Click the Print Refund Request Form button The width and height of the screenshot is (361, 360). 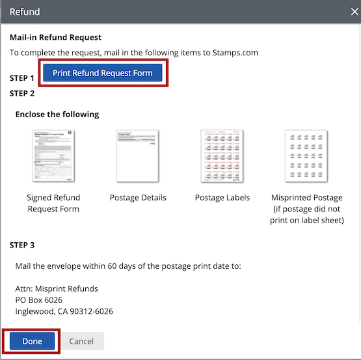tap(102, 73)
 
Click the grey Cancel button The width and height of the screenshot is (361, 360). tap(81, 341)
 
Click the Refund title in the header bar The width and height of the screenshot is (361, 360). tap(25, 12)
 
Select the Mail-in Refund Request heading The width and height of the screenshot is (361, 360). tap(55, 38)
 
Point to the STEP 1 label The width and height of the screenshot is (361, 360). tap(22, 78)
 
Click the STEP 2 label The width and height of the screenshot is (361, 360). tap(22, 93)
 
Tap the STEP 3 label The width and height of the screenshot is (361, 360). tap(22, 245)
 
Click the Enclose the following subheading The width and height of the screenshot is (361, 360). tap(57, 115)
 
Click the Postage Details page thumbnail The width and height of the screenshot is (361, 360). tap(137, 156)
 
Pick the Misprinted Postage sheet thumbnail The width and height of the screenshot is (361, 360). tap(306, 156)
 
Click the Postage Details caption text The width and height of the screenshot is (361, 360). tap(138, 198)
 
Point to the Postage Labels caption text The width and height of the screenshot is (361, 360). tap(222, 198)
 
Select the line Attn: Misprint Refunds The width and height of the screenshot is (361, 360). tap(56, 288)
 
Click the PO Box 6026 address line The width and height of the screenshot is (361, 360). tap(38, 300)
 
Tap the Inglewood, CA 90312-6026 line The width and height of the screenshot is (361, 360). tap(64, 312)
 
